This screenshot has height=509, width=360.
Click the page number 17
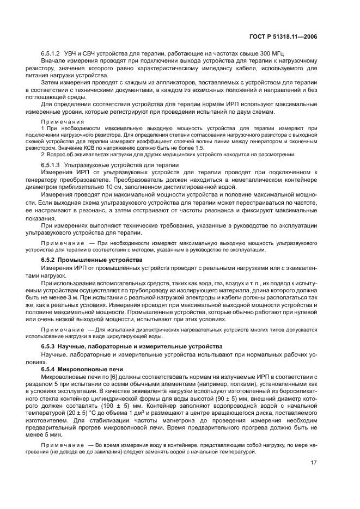pyautogui.click(x=314, y=464)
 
